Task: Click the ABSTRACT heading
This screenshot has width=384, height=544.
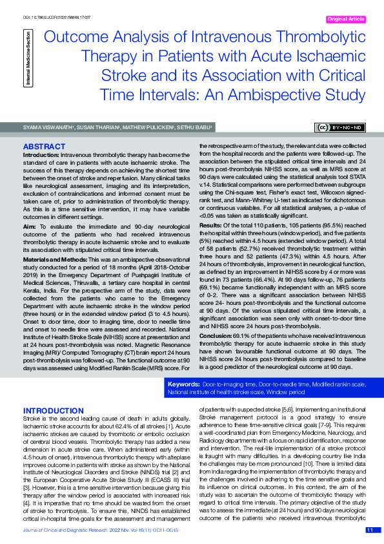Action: (44, 147)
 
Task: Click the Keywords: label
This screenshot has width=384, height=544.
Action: (183, 384)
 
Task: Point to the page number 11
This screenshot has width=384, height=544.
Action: (370, 530)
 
